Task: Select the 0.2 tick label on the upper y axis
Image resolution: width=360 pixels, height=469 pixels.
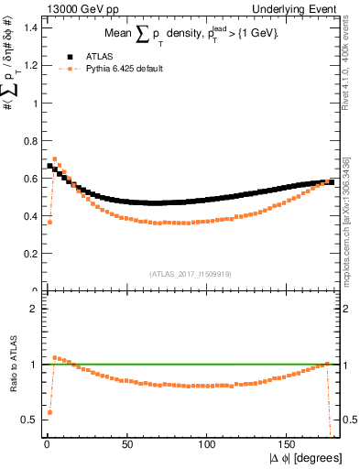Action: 29,254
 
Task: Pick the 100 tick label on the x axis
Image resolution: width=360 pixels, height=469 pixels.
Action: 207,443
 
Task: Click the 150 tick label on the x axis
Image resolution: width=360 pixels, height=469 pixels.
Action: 288,443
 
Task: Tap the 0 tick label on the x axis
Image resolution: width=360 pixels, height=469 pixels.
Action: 46,443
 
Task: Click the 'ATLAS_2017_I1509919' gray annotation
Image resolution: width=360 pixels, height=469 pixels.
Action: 190,273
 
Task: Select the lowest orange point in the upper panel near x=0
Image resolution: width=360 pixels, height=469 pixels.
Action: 49,222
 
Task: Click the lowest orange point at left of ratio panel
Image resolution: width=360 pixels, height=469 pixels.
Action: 49,412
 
